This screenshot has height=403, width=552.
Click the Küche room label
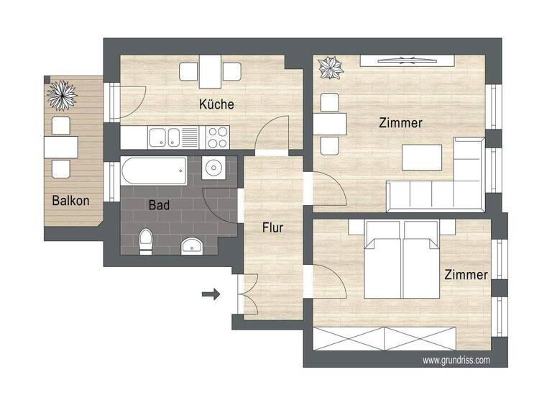216,104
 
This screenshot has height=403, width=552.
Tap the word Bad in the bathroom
159,205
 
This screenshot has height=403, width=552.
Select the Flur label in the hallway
272,228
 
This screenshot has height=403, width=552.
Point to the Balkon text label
71,201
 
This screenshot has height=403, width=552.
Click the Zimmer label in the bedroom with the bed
466,275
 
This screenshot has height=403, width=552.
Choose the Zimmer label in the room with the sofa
400,123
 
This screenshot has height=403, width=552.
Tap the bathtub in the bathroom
155,171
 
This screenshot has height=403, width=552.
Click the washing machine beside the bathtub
213,169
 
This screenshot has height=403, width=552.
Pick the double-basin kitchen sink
164,135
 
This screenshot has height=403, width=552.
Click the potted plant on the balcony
62,94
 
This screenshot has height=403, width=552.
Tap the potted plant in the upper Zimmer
331,69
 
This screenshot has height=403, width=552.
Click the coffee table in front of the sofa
422,157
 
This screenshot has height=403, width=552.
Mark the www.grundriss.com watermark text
456,360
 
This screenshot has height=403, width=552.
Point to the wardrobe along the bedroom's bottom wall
385,337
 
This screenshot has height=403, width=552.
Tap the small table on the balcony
61,147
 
